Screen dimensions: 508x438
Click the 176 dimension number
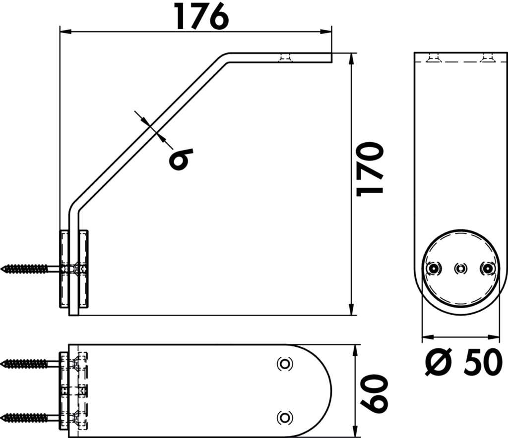(201, 16)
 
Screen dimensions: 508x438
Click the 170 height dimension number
(370, 169)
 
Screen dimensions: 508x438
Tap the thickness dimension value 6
(181, 159)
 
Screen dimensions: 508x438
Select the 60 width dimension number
(374, 394)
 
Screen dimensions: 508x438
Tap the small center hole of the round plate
(460, 268)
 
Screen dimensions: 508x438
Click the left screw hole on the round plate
(433, 268)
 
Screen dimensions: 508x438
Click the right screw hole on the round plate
(487, 268)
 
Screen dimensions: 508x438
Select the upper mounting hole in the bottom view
(285, 364)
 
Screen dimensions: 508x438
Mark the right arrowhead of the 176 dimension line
(326, 31)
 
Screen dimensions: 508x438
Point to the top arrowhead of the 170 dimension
(352, 58)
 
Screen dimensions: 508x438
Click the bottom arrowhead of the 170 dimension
(352, 309)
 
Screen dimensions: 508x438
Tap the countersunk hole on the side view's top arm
(285, 57)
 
